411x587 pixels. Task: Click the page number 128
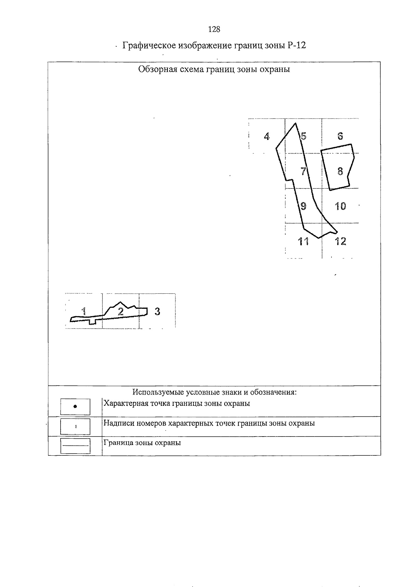(x=214, y=29)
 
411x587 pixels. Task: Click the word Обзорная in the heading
(x=157, y=69)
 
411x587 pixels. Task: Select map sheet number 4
(x=267, y=136)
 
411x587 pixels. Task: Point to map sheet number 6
(x=340, y=136)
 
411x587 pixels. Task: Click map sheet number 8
(x=340, y=171)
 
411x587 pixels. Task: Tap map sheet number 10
(x=340, y=206)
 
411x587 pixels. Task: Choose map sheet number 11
(x=303, y=241)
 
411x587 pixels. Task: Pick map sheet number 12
(x=340, y=241)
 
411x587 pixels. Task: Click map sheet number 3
(x=157, y=311)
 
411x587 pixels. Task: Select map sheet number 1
(x=83, y=311)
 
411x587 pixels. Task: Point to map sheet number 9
(x=303, y=206)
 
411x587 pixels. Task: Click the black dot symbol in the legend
(x=75, y=406)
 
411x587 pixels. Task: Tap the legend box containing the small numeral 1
(x=75, y=426)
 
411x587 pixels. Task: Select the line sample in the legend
(x=75, y=446)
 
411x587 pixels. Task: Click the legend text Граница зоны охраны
(x=142, y=443)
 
